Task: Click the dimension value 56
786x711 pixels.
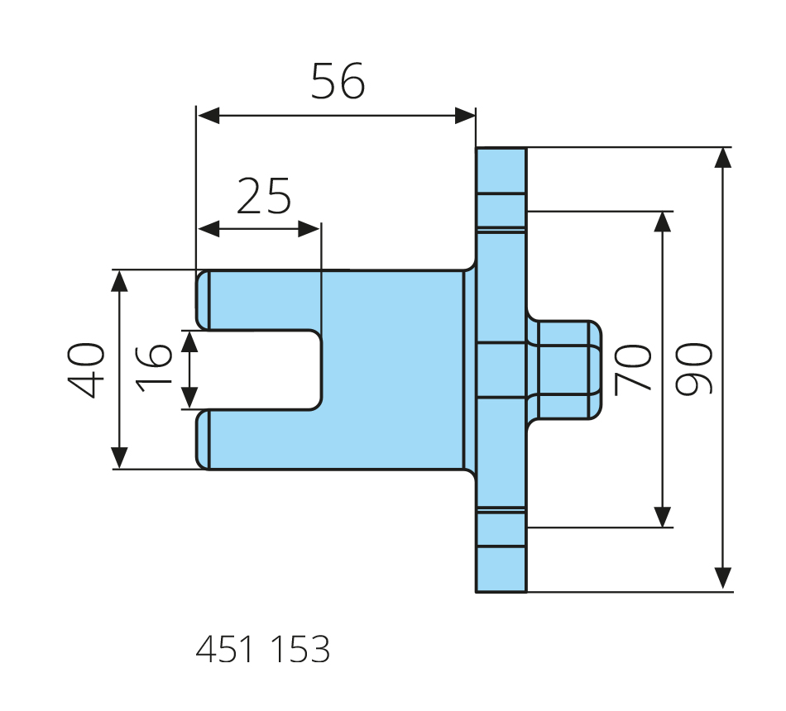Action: click(338, 82)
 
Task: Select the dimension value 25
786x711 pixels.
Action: click(264, 196)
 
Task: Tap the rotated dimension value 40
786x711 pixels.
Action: click(87, 370)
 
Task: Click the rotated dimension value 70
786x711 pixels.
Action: click(634, 370)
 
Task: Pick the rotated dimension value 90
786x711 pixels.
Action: click(693, 370)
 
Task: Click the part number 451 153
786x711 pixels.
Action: click(263, 651)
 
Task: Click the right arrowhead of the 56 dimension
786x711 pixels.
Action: click(466, 115)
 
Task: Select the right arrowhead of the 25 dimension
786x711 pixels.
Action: click(309, 229)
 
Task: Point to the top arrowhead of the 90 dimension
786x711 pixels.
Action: click(723, 159)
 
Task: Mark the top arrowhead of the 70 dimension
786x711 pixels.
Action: click(663, 222)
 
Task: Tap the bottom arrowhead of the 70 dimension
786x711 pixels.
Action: click(663, 516)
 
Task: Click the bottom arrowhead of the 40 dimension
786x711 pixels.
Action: click(120, 457)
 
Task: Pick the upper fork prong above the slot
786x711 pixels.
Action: click(256, 300)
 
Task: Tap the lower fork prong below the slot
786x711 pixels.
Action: click(256, 439)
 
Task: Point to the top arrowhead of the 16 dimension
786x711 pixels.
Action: click(191, 341)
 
